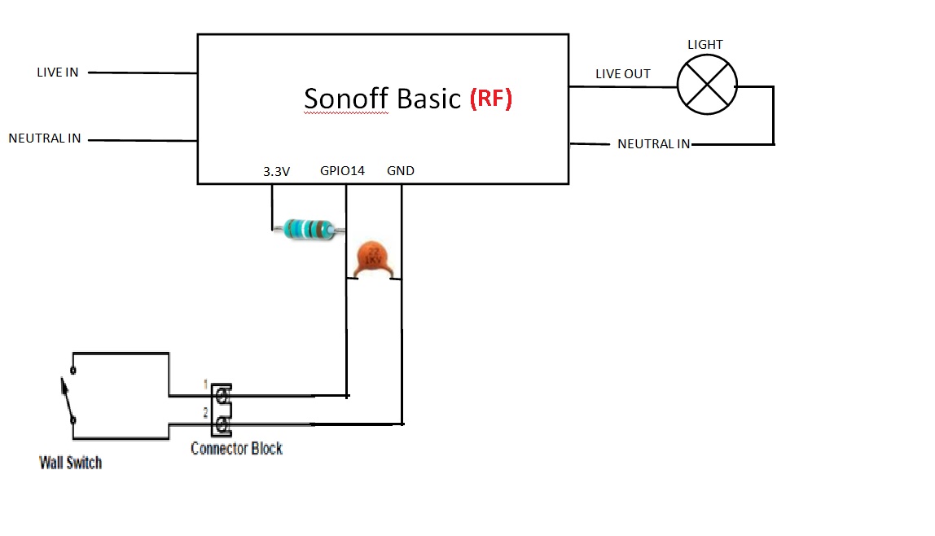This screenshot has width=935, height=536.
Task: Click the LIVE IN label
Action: click(x=57, y=72)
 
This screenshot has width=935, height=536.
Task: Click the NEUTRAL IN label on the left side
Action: click(x=45, y=138)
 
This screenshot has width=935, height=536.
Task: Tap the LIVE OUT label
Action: click(x=622, y=74)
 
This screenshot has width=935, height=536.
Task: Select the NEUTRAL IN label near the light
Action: click(x=653, y=144)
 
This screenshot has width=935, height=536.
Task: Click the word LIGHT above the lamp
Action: click(x=705, y=45)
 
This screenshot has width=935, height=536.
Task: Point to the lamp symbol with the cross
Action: click(x=707, y=86)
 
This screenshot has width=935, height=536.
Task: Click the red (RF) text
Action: click(x=490, y=99)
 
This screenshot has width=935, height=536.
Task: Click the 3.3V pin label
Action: click(x=276, y=171)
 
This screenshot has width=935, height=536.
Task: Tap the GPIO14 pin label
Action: click(x=342, y=171)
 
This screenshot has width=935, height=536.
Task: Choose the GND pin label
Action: click(x=400, y=171)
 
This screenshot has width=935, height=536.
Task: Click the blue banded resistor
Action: click(x=306, y=230)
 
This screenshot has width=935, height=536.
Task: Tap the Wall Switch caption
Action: click(x=71, y=463)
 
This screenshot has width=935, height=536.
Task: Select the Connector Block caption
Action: click(x=236, y=448)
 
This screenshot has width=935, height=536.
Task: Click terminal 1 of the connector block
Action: click(x=221, y=395)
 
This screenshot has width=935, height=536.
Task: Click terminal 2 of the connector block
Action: click(x=221, y=424)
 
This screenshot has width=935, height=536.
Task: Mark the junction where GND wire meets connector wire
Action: click(x=402, y=424)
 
